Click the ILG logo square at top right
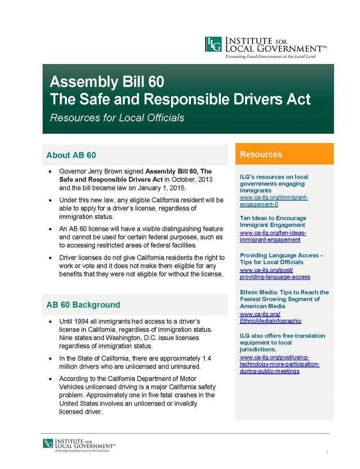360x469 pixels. coord(213,44)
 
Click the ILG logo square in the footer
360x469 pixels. coord(48,443)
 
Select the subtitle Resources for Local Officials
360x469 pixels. coord(117,118)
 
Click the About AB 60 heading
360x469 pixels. coord(71,155)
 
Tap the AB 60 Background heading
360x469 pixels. coord(83,305)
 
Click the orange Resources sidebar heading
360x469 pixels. coord(261,154)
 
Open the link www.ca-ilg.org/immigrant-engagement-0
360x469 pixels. coord(274,201)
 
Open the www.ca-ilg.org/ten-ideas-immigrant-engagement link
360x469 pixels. coord(272,236)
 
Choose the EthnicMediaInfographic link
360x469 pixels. coord(270,317)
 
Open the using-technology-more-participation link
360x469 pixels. coord(279,364)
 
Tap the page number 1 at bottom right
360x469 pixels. coord(326,453)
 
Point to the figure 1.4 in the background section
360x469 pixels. coord(207,358)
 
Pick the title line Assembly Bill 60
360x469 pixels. coord(107,82)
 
